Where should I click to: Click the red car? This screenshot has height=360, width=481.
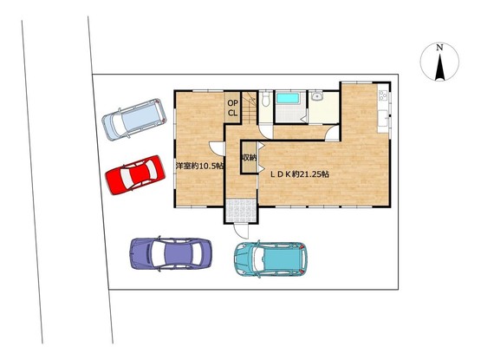click(135, 174)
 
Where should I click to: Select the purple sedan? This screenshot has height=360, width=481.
click(171, 253)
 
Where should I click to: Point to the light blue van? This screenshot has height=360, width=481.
click(134, 119)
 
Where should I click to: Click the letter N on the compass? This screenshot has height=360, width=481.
click(439, 48)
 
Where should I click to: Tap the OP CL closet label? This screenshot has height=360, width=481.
click(232, 108)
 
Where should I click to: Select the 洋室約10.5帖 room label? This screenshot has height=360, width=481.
click(199, 167)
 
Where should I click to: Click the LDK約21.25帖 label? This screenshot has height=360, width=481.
click(299, 174)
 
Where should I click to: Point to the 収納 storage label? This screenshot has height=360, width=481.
click(249, 158)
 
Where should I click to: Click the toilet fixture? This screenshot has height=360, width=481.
click(266, 99)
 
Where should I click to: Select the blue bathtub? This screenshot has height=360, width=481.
click(288, 99)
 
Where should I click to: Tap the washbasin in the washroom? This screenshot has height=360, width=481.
click(316, 96)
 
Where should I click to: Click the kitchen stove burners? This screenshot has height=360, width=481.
click(382, 95)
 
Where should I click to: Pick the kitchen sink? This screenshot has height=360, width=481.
click(383, 118)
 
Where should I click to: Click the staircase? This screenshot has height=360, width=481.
click(250, 108)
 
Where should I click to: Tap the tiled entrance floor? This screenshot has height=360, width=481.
click(241, 211)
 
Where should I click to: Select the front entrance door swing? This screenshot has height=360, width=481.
click(241, 231)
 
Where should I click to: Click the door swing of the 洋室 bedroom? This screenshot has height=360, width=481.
click(218, 148)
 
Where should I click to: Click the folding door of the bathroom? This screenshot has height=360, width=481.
click(303, 118)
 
